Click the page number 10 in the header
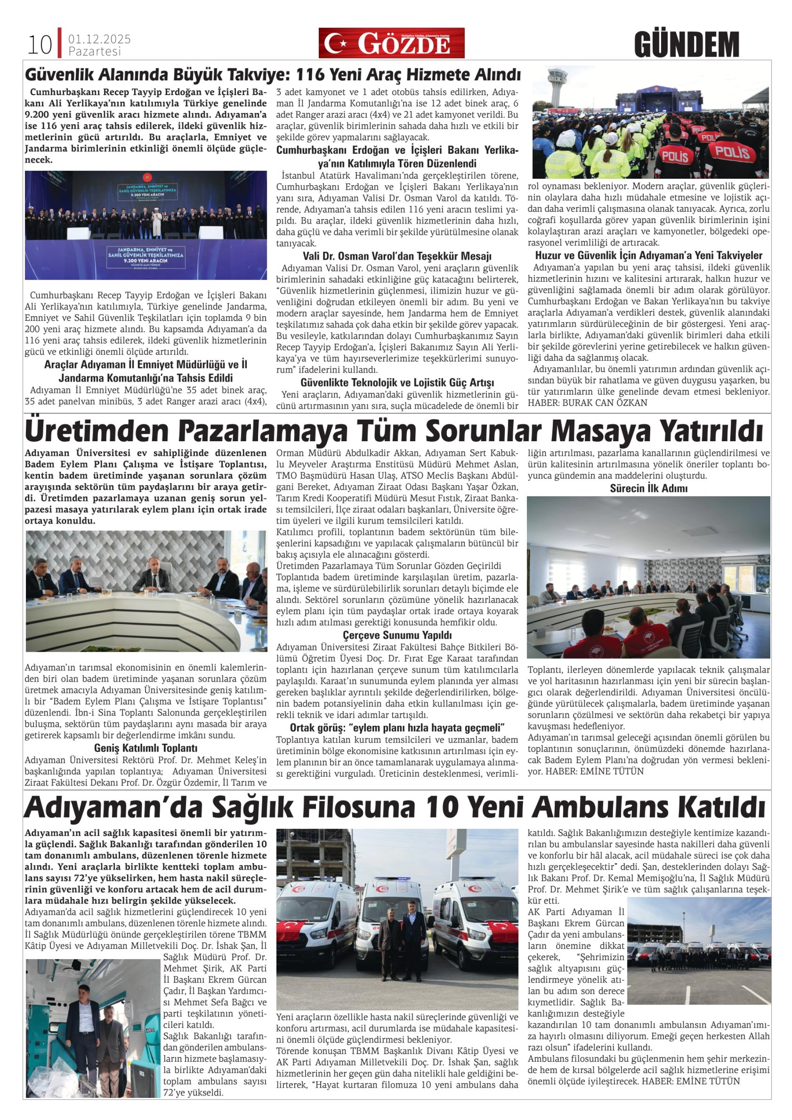click(40, 45)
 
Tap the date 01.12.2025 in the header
click(99, 39)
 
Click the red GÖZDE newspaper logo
click(391, 43)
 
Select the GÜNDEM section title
click(687, 45)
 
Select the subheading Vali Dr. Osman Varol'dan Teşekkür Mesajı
click(397, 256)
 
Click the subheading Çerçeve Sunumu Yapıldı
click(397, 635)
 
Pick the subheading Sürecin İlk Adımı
click(649, 488)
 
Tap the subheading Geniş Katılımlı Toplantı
click(145, 748)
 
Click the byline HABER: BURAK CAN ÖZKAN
click(587, 403)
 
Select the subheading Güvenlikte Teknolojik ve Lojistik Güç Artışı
click(397, 382)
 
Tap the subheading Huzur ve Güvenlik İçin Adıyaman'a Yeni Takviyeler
click(649, 255)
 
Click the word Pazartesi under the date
click(95, 51)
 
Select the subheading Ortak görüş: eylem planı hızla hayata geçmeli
click(397, 728)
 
